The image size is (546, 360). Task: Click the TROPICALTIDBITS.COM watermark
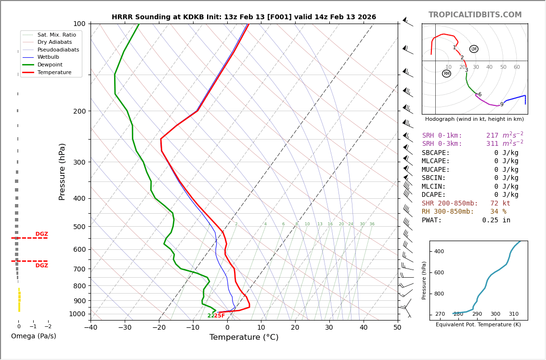pyautogui.click(x=475, y=15)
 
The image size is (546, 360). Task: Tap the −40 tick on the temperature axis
pyautogui.click(x=91, y=328)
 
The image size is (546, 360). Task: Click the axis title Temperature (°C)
pyautogui.click(x=244, y=337)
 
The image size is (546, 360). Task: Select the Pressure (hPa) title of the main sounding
pyautogui.click(x=63, y=171)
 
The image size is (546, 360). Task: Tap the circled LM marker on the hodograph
pyautogui.click(x=474, y=49)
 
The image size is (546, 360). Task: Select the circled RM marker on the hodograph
pyautogui.click(x=446, y=74)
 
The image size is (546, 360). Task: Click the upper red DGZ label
pyautogui.click(x=41, y=234)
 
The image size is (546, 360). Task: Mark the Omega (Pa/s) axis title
pyautogui.click(x=34, y=336)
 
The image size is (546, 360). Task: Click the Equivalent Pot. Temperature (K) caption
pyautogui.click(x=478, y=325)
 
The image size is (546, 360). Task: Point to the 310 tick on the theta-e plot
pyautogui.click(x=513, y=314)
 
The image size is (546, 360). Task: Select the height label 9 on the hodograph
pyautogui.click(x=502, y=104)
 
